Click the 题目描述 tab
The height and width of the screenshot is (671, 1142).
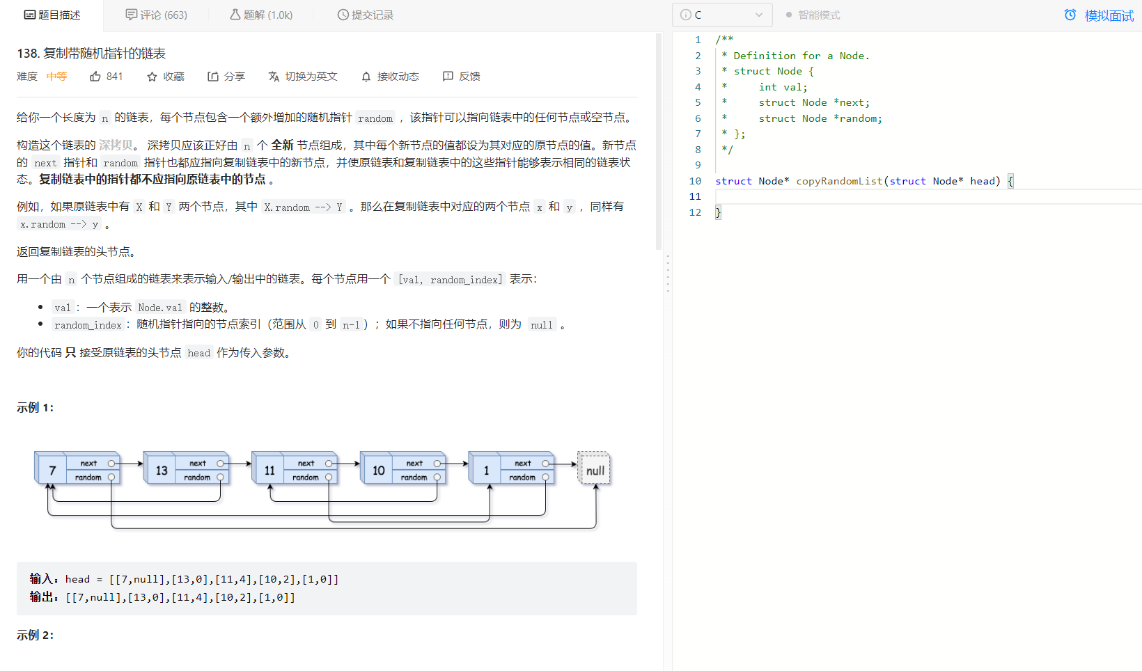(x=52, y=15)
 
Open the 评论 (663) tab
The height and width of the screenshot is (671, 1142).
(x=156, y=15)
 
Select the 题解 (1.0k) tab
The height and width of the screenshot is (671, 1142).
(x=261, y=15)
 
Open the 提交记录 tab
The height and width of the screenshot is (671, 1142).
(x=366, y=15)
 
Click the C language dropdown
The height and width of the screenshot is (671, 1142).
(x=721, y=15)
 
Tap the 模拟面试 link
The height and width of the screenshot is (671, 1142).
(x=1100, y=15)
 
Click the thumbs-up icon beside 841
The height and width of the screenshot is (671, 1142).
(x=95, y=77)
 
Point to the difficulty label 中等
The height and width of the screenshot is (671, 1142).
(x=56, y=77)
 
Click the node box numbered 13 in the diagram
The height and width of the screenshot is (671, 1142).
(x=162, y=471)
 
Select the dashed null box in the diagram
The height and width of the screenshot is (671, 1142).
(x=595, y=471)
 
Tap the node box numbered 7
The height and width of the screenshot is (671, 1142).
(x=52, y=471)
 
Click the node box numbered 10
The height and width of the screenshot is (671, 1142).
(x=378, y=471)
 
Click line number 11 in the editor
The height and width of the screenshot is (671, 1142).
(x=695, y=196)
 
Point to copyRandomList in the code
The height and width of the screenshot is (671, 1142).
(x=839, y=181)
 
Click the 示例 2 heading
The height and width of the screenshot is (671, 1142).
(x=35, y=635)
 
